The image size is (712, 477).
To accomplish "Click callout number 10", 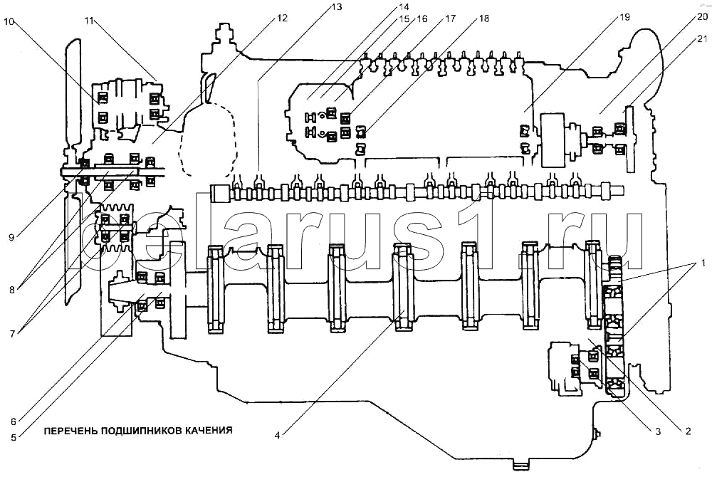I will [9, 21].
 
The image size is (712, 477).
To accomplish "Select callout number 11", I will [89, 21].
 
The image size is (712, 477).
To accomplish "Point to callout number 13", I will [336, 7].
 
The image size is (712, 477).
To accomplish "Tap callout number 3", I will [657, 431].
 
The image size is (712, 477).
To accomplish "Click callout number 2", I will [688, 431].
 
